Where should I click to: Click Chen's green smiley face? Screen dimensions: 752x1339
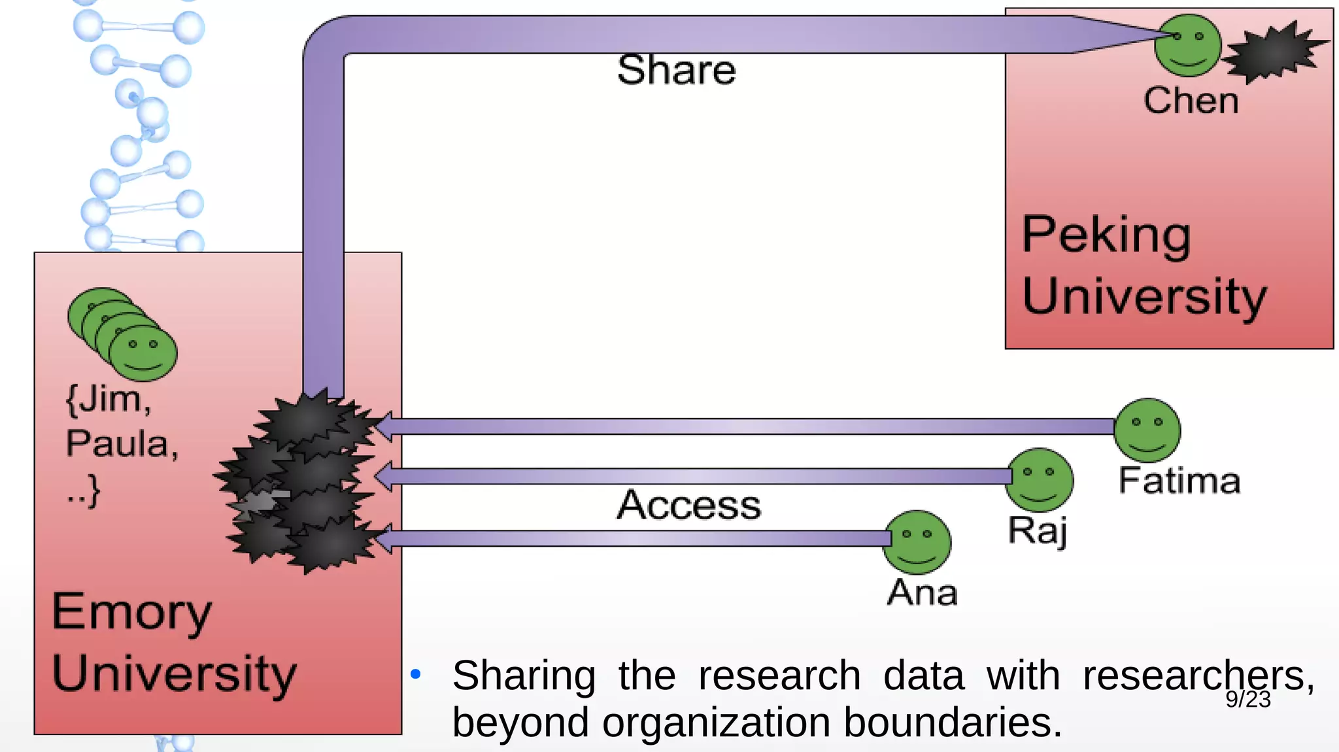[1188, 46]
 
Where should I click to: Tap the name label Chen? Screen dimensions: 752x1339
[1191, 101]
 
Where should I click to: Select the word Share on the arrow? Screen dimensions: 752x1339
[676, 70]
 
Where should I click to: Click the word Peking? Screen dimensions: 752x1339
[1106, 235]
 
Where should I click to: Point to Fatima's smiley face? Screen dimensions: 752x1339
[1147, 430]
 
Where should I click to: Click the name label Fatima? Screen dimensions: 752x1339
[1179, 481]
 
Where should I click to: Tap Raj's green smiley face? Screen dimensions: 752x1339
[1040, 479]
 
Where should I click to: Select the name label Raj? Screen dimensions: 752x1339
[1038, 530]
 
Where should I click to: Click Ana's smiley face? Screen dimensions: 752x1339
[917, 542]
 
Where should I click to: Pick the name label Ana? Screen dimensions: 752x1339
[922, 592]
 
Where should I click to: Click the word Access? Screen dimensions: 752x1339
[689, 505]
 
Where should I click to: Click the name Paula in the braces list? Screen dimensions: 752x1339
[121, 444]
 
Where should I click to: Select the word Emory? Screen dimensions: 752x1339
[131, 612]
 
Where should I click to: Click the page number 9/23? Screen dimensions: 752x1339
[1247, 700]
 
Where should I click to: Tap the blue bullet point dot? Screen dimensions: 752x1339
[415, 674]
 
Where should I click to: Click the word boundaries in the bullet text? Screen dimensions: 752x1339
[952, 723]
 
